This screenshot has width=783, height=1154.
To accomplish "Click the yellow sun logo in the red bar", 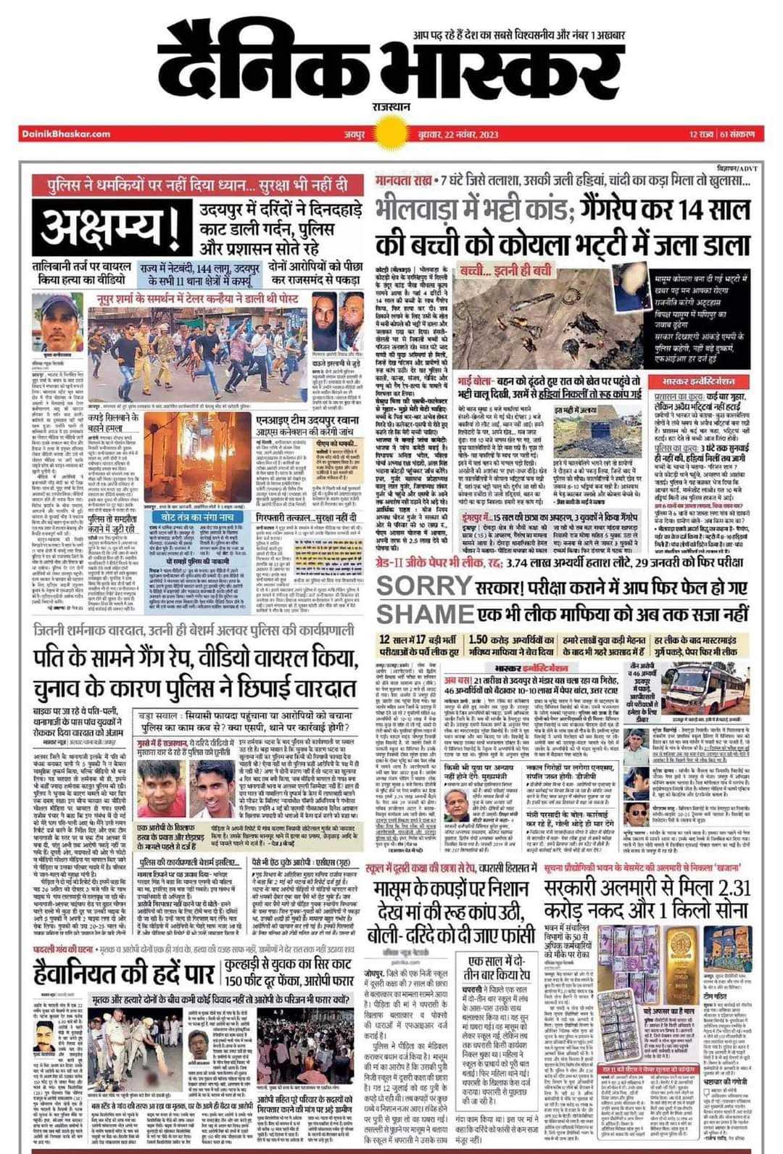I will coord(392,133).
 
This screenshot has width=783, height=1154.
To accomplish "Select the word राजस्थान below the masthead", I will coord(391,106).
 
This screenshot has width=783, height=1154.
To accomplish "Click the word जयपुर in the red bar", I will coord(355,134).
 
